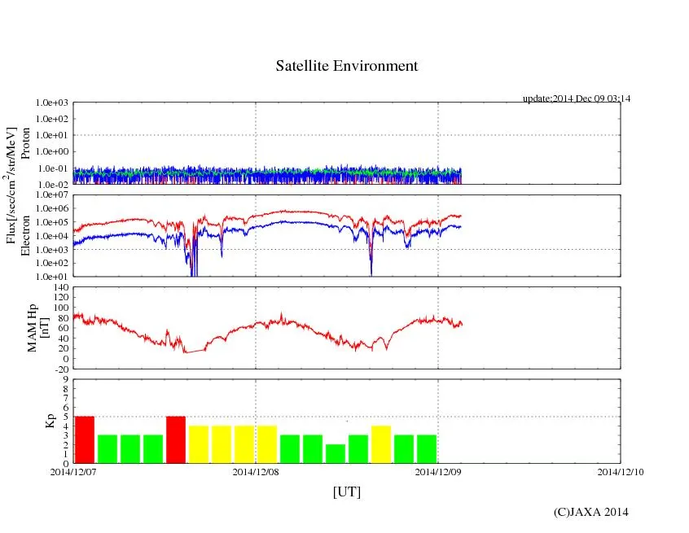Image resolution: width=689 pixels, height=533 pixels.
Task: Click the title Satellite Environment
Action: coord(346,66)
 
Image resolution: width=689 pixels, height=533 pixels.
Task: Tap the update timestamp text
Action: coord(576,98)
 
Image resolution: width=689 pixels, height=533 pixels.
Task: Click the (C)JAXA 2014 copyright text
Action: coord(590,512)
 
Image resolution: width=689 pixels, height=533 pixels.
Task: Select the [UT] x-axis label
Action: coord(346,491)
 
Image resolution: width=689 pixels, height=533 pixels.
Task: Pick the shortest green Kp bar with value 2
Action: coord(335,453)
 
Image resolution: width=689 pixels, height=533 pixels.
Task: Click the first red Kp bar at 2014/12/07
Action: coord(85,439)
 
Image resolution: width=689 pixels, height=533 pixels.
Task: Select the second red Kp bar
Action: coord(176,439)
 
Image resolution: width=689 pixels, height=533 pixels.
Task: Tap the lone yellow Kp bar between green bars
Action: coord(380,444)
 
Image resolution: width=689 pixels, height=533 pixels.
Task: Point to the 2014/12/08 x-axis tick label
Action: coord(256,471)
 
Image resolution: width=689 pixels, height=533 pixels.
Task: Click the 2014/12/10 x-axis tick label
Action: coord(620,471)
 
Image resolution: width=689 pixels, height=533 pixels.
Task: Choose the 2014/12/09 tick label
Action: coord(438,471)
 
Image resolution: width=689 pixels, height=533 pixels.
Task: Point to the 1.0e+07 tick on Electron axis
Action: coord(54,195)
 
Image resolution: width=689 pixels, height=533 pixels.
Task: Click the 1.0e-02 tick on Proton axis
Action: coord(54,185)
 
